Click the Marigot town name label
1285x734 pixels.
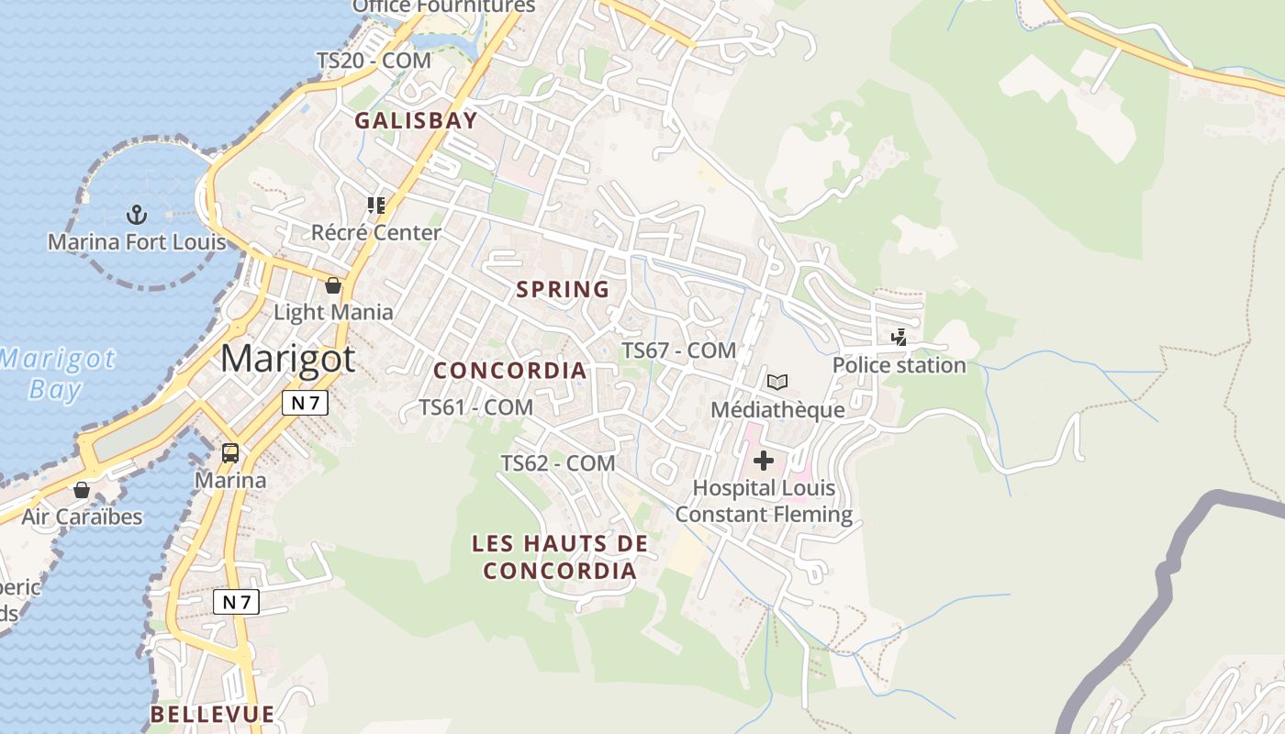point(287,359)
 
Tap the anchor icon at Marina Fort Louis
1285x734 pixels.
point(137,216)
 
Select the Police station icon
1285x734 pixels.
point(899,338)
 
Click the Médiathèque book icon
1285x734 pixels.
point(777,382)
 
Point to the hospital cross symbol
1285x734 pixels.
point(764,460)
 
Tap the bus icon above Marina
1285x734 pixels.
point(230,452)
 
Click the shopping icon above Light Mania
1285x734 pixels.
point(333,285)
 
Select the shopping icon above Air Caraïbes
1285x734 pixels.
point(82,490)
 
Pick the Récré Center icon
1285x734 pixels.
point(375,205)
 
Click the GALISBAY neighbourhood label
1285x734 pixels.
point(417,120)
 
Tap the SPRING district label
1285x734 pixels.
point(563,289)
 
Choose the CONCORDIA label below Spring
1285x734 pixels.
point(509,371)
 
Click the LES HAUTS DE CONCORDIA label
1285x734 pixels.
point(560,557)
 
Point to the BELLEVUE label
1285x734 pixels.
point(212,714)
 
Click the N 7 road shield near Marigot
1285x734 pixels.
point(305,403)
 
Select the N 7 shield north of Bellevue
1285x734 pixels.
point(237,602)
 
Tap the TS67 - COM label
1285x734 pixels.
point(679,350)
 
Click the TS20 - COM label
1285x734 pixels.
point(374,61)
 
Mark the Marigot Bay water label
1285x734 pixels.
point(57,373)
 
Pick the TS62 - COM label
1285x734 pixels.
point(558,463)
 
